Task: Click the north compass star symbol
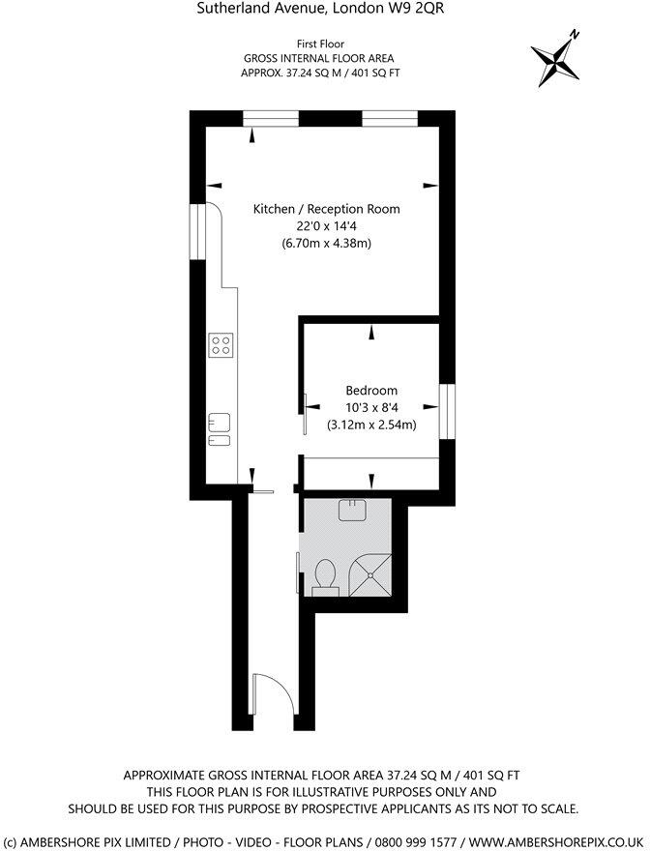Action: (556, 60)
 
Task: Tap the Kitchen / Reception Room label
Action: (326, 209)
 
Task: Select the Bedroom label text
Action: (371, 391)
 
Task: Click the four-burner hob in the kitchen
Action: (222, 344)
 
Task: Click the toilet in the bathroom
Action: (325, 573)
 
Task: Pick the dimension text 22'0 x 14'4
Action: (326, 226)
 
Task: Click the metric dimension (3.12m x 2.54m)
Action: (371, 425)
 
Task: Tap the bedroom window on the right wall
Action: (447, 409)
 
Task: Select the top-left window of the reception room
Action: (270, 118)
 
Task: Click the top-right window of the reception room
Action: (389, 118)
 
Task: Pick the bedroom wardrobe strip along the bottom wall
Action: (371, 470)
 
